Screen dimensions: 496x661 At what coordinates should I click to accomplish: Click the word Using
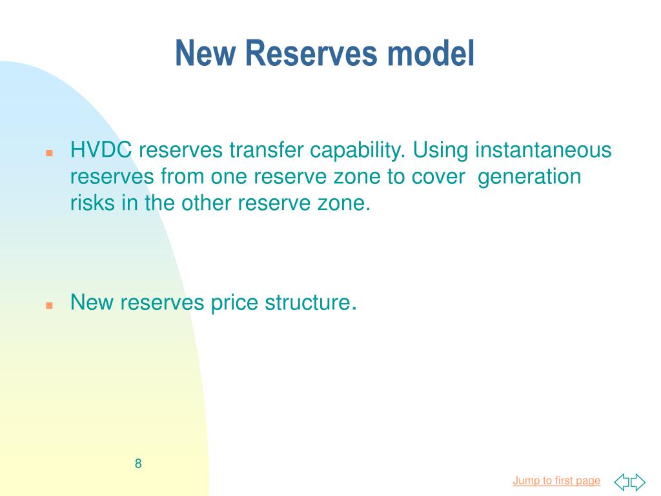(442, 150)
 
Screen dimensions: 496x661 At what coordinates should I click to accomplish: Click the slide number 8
(138, 463)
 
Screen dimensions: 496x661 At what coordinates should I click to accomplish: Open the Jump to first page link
(556, 480)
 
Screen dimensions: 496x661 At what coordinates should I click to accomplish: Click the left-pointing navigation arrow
(622, 482)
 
